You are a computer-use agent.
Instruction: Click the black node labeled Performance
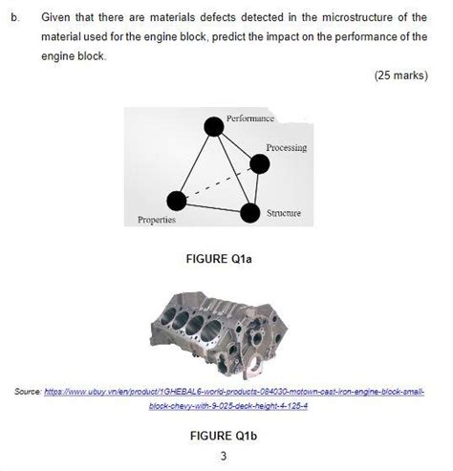pyautogui.click(x=212, y=125)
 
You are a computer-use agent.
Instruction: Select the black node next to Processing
pyautogui.click(x=259, y=163)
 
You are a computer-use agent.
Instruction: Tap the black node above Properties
pyautogui.click(x=176, y=200)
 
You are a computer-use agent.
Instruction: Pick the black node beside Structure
pyautogui.click(x=249, y=211)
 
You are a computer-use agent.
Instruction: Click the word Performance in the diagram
pyautogui.click(x=249, y=118)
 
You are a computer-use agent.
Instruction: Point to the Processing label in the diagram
pyautogui.click(x=286, y=147)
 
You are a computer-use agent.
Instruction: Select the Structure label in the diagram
pyautogui.click(x=284, y=213)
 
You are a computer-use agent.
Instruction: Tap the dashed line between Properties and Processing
pyautogui.click(x=217, y=182)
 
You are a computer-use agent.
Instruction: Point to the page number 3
pyautogui.click(x=224, y=455)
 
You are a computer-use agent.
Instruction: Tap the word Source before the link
pyautogui.click(x=28, y=392)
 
